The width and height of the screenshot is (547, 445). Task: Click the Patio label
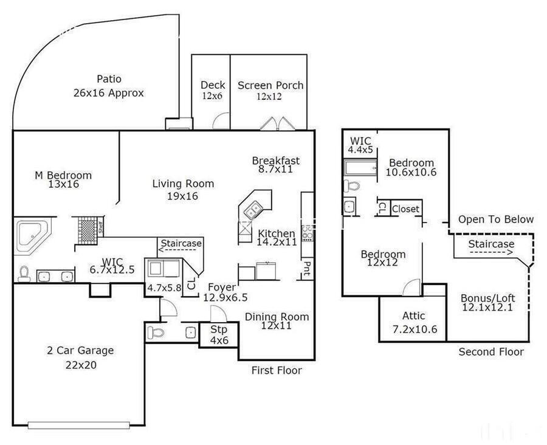pos(109,79)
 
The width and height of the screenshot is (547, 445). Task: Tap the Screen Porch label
pos(270,86)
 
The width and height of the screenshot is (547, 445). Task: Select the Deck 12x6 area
pos(212,90)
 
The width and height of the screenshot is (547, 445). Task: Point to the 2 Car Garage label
pos(80,351)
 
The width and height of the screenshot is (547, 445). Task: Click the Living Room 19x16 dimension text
pos(183,196)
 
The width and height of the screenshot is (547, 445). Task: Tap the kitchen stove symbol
pos(308,232)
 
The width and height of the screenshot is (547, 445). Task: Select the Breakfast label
pos(276,160)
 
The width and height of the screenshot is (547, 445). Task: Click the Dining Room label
pos(277,317)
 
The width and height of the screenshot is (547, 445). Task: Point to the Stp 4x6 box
pos(219,335)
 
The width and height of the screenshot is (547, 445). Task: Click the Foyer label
pos(222,288)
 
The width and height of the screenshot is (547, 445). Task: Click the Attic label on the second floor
pos(413,316)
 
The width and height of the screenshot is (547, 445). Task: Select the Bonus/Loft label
pos(487,298)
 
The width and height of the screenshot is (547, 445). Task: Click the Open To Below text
pos(496,219)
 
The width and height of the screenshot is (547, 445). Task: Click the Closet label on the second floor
pos(405,209)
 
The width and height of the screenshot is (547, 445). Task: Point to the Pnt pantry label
pos(308,267)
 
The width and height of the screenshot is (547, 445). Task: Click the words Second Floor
pos(490,351)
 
